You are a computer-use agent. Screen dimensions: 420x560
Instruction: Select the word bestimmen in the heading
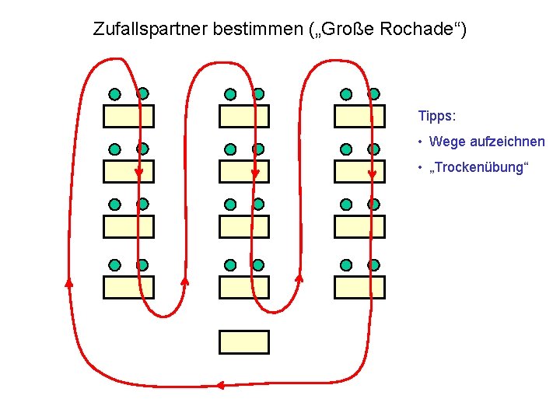(253, 30)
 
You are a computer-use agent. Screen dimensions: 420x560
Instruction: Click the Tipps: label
(436, 116)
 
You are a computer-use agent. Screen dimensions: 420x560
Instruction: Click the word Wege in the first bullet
(446, 142)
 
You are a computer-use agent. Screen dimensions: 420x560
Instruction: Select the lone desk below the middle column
(244, 342)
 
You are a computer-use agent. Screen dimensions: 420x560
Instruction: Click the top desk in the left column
(129, 116)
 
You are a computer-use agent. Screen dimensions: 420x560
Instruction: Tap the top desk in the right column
(359, 116)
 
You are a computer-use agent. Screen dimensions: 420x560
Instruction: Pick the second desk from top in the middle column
(244, 171)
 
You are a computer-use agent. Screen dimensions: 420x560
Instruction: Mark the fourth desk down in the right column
(359, 287)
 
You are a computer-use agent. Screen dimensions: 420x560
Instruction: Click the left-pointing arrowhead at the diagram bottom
(220, 385)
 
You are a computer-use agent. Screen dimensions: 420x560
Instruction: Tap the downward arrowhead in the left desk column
(138, 173)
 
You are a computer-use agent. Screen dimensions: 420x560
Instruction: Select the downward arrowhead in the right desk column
(372, 173)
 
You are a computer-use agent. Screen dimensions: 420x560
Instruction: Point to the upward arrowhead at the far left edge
(68, 282)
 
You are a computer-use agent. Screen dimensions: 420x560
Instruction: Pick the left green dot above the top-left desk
(115, 94)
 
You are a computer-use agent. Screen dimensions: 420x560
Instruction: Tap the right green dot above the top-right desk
(373, 93)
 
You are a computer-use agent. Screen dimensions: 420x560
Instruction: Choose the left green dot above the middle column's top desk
(230, 94)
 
